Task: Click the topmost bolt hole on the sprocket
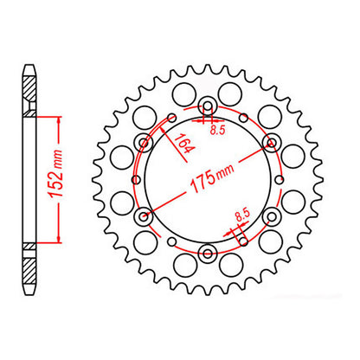tap(208, 108)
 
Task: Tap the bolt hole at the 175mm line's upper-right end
tap(271, 144)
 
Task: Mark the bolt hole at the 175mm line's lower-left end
tap(145, 216)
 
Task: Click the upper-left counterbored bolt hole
tap(145, 144)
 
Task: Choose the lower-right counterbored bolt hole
tap(271, 216)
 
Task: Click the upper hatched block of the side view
tap(29, 87)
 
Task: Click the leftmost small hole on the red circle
tap(135, 180)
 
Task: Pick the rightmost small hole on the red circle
tap(280, 180)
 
